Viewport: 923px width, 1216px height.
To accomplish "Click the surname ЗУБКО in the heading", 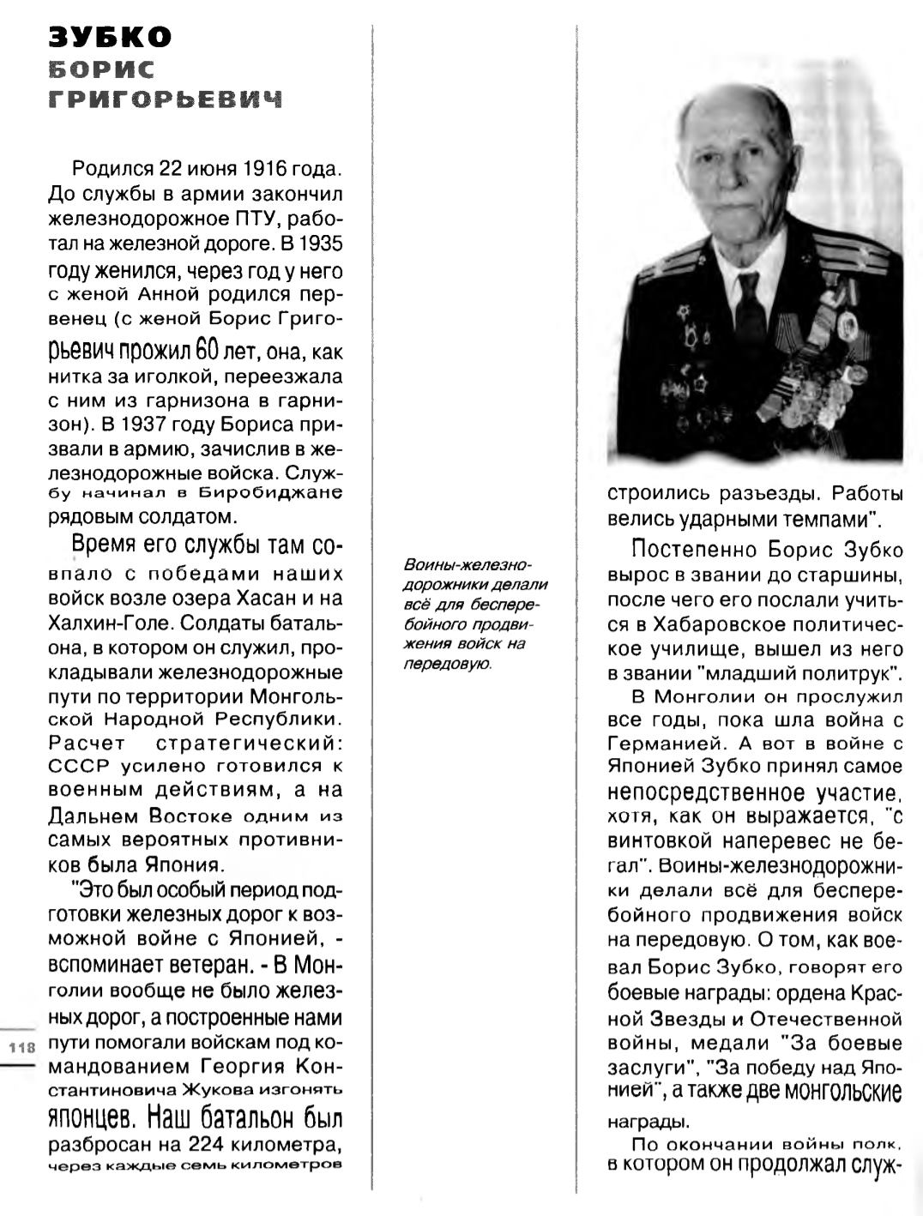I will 110,37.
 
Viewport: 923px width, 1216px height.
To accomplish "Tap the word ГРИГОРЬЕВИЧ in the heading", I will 165,99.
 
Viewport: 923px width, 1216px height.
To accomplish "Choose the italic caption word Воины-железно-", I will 468,566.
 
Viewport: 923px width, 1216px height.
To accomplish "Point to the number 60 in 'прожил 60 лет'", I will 209,352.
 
